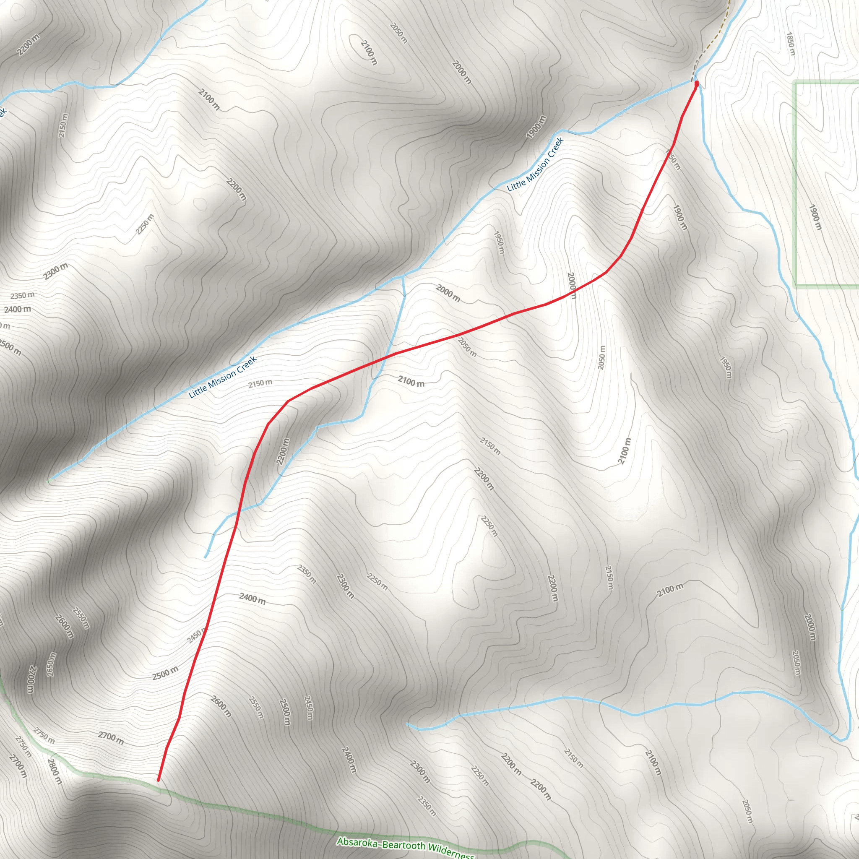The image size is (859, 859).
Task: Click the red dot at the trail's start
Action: coord(696,83)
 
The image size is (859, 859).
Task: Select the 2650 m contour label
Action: coord(52,665)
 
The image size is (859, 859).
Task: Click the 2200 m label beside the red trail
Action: coord(283,451)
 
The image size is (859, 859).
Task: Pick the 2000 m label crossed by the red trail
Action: coord(572,286)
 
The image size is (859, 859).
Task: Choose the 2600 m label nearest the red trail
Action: coord(221,706)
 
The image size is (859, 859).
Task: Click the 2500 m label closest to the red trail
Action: coord(165,674)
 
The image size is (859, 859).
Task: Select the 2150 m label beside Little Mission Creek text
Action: coord(260,383)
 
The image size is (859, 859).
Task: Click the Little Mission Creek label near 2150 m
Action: coord(222,377)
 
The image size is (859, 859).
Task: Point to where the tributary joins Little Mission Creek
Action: coord(402,276)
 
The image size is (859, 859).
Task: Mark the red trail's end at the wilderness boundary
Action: coord(158,780)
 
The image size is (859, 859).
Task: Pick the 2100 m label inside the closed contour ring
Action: coord(369,52)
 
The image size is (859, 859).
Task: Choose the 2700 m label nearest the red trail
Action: coord(111,739)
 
